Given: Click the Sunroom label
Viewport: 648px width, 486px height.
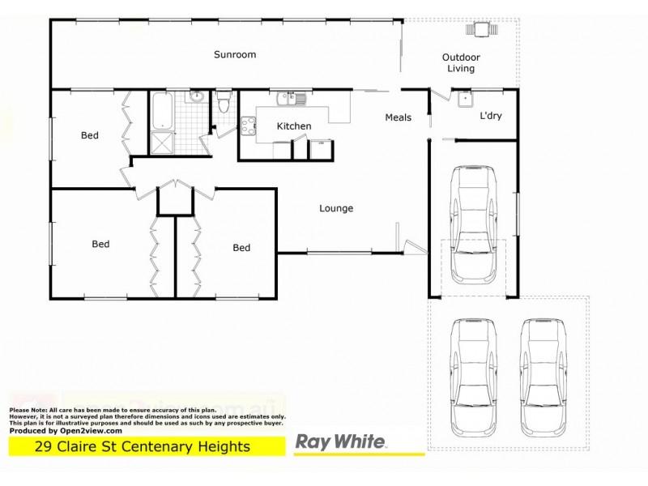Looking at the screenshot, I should pos(235,55).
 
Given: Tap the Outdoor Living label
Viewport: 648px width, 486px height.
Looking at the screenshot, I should pos(461,63).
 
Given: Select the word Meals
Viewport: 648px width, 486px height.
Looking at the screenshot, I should pos(398,117).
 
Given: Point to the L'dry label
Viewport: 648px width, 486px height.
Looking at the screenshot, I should pos(491,116).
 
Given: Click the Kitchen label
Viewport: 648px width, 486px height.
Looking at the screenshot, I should pos(294,126).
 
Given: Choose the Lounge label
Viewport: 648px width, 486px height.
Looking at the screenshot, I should pos(336,208).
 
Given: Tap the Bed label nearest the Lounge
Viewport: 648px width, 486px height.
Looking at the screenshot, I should pos(241,248).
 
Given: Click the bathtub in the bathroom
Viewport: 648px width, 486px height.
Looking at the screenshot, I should pos(161,112).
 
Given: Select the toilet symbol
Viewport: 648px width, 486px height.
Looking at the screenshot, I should pos(224,103).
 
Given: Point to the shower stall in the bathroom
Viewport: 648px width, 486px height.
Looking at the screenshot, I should pos(161,143).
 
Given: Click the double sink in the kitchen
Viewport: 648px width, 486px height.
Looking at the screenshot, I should pos(290,100).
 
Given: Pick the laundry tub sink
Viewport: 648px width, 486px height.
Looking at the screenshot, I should pos(464,100).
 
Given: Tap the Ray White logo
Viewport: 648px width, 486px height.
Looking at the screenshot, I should pos(340,443).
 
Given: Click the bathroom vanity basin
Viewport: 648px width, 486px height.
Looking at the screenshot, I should pos(196,98).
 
